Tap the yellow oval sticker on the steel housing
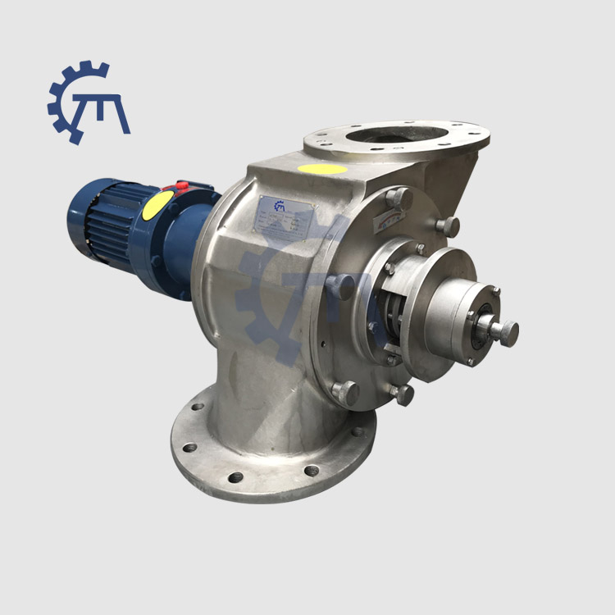[322, 169]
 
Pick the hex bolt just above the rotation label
[399, 196]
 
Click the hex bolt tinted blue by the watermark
[341, 286]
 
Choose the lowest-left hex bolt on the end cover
[345, 393]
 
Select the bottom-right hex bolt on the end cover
[403, 394]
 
